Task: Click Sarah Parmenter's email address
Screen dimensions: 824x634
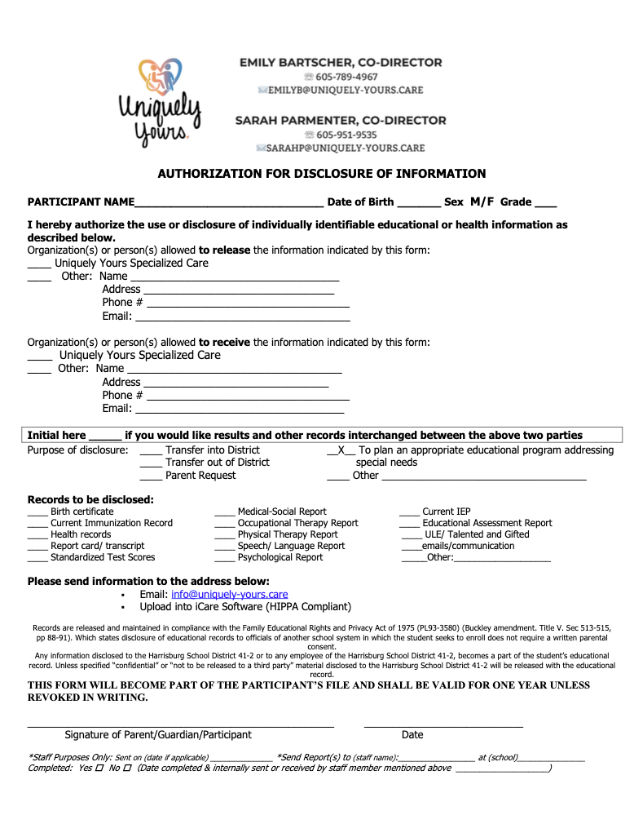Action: pos(346,148)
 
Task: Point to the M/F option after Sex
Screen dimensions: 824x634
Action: pos(482,202)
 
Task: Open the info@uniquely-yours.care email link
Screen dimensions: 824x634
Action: pos(229,595)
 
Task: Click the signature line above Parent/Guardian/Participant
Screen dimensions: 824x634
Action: pos(181,724)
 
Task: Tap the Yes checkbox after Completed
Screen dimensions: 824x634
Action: pos(99,769)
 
